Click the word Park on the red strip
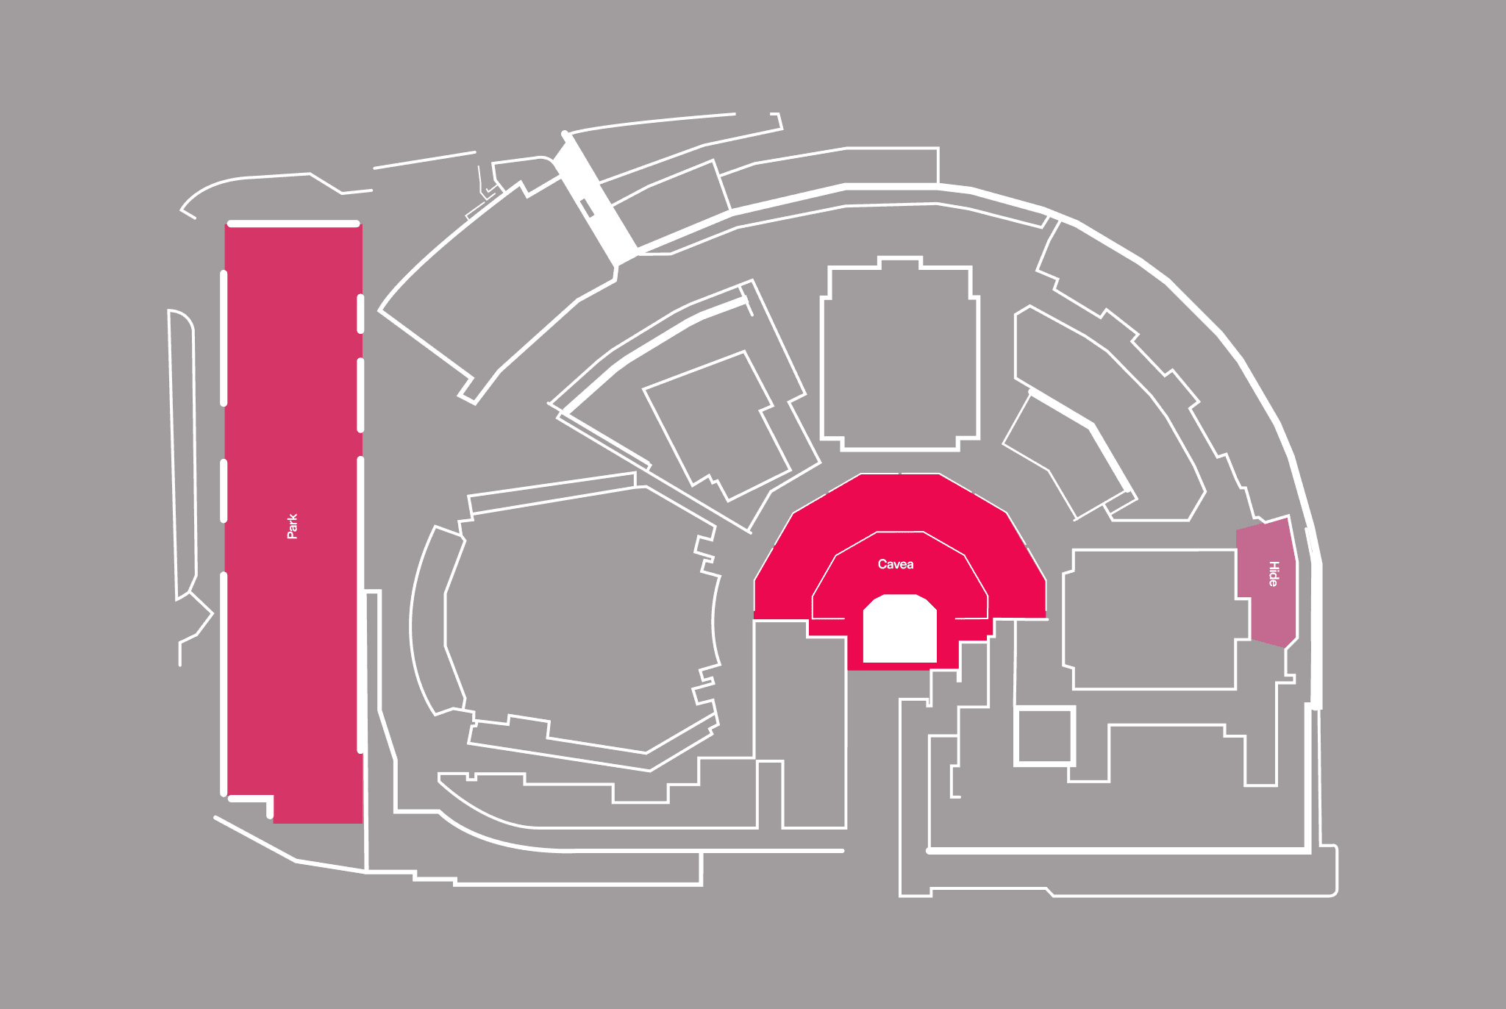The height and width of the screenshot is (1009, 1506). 292,527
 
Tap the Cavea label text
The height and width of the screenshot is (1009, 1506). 895,564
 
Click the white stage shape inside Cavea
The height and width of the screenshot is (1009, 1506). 899,630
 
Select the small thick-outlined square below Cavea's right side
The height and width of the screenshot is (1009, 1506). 1044,735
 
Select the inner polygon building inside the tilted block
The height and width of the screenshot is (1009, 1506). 717,423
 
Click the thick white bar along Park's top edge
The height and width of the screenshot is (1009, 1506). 293,224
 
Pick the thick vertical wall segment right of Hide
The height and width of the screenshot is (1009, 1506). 1316,632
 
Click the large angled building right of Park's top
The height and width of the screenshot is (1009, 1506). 493,294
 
